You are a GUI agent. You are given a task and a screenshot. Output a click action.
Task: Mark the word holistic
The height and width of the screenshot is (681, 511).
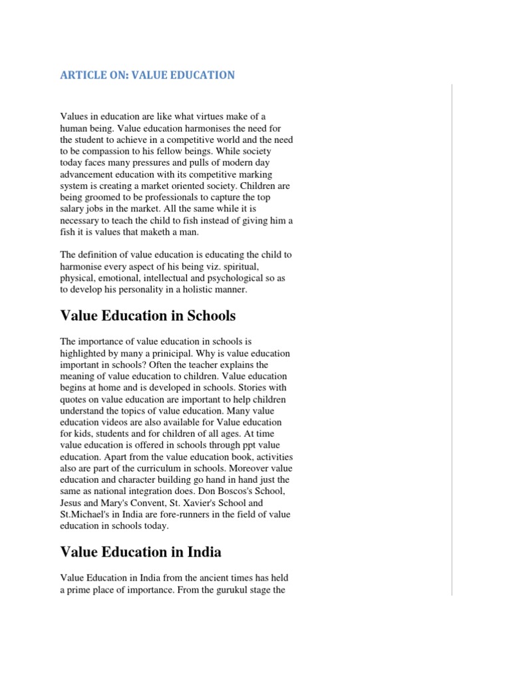pyautogui.click(x=200, y=290)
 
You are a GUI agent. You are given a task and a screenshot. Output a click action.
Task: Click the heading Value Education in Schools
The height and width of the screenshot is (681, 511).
pyautogui.click(x=148, y=315)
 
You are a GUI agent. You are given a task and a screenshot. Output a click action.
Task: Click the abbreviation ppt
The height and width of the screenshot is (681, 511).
pyautogui.click(x=241, y=446)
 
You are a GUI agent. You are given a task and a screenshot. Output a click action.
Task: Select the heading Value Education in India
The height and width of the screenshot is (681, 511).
pyautogui.click(x=140, y=552)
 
